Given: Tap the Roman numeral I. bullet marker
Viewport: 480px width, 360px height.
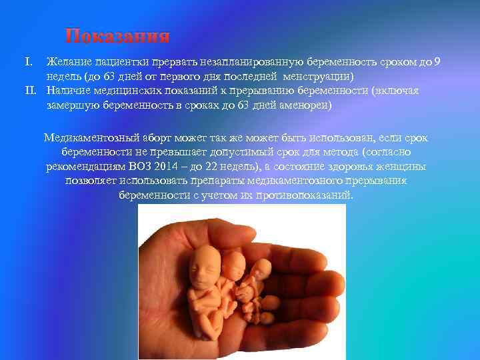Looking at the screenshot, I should click(29, 63).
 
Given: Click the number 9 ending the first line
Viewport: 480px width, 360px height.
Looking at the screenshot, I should click(436, 63).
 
